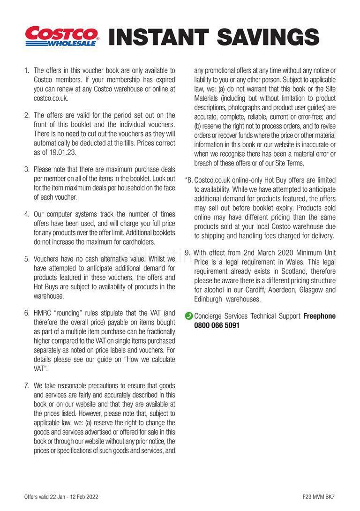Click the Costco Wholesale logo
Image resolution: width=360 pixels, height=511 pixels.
pos(62,36)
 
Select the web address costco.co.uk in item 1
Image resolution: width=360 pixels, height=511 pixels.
pos(51,98)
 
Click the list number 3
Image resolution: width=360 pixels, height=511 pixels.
pos(27,169)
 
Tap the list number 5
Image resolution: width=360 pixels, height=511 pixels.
pos(27,259)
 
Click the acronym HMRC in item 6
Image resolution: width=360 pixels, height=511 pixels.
pos(44,312)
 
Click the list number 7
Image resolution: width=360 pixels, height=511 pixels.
pos(27,386)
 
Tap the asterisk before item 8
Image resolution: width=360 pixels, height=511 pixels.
pos(187,180)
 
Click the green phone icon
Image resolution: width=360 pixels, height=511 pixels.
pos(188,316)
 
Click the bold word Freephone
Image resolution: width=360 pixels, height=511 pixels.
pos(319,316)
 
